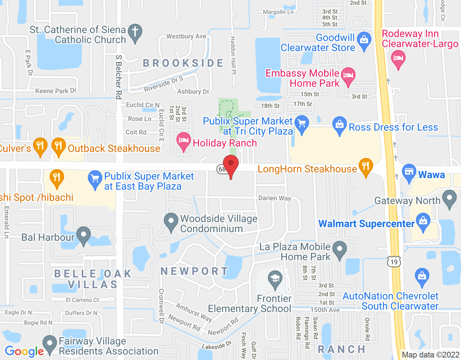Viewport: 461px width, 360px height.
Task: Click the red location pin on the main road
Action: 231,165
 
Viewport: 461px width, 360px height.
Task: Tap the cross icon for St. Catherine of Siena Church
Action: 135,32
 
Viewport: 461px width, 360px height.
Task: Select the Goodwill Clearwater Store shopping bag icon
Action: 364,40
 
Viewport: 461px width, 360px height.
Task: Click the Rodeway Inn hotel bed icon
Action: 398,58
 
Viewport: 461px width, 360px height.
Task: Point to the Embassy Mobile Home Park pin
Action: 348,76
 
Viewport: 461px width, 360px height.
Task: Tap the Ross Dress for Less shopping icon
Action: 339,125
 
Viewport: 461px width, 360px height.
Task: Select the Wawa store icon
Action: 409,172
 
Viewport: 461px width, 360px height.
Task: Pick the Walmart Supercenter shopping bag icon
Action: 423,221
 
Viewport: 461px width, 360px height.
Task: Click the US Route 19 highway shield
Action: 394,262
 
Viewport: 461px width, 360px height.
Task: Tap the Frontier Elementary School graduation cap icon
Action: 275,279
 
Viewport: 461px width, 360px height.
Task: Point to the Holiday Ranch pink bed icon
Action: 183,140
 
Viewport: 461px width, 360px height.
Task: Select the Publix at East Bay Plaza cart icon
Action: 95,179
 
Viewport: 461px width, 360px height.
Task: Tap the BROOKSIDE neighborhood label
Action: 183,63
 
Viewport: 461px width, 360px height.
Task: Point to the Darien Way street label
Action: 274,198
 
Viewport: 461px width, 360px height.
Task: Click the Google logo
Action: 24,351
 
